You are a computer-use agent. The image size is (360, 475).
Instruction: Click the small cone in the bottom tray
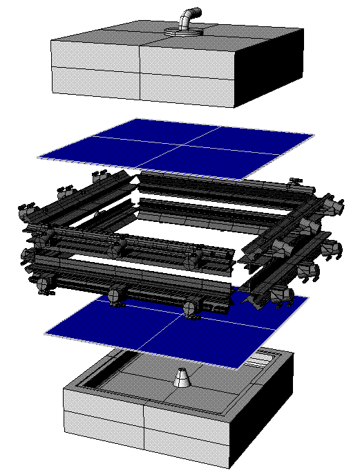[182, 379]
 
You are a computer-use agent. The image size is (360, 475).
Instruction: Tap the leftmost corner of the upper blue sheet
[39, 158]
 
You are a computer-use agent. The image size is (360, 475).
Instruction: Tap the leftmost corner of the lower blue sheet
[46, 334]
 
